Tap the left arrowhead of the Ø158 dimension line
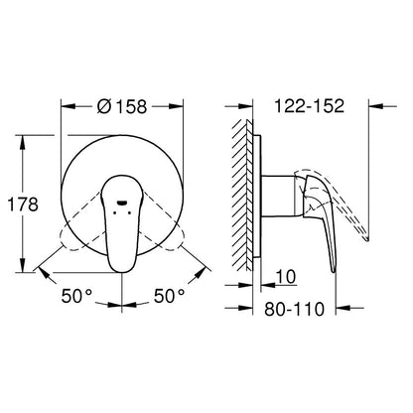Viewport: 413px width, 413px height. pos(66,101)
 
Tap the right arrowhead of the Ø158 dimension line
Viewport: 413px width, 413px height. pos(179,101)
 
